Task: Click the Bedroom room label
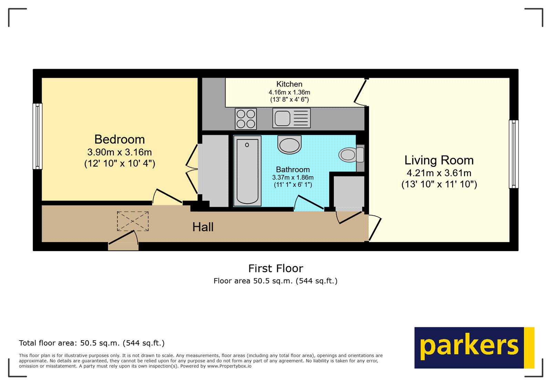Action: point(119,140)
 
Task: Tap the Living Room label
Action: point(439,160)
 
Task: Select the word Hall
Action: point(203,227)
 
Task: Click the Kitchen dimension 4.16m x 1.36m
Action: point(289,92)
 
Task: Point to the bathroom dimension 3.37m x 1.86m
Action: point(293,178)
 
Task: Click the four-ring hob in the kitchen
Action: point(246,119)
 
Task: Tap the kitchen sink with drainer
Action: point(291,118)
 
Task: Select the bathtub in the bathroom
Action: point(247,171)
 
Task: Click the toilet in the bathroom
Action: point(351,155)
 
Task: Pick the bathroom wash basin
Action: point(289,145)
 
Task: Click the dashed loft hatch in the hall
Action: point(133,221)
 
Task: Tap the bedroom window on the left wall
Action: point(37,136)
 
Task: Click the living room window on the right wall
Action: point(513,154)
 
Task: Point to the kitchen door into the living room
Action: point(360,92)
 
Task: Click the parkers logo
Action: point(474,347)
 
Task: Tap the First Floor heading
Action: point(275,268)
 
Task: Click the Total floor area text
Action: point(92,343)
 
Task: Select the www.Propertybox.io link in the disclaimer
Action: point(229,366)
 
